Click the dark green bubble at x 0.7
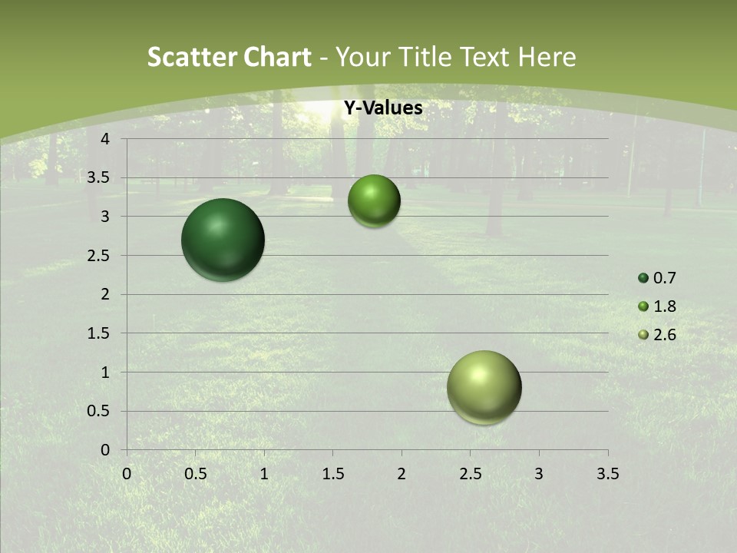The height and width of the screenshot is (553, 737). click(x=223, y=240)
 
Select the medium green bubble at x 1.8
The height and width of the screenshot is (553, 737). click(x=374, y=201)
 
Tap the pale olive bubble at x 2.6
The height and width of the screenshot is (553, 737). click(x=484, y=387)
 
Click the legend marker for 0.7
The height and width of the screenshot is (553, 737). click(x=643, y=278)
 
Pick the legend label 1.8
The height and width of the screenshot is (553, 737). click(x=664, y=306)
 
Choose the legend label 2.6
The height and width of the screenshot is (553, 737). click(x=664, y=335)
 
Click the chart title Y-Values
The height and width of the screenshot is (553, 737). click(x=382, y=108)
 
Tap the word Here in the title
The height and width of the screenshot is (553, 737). click(x=547, y=57)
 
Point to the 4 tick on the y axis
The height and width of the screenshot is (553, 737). click(x=105, y=139)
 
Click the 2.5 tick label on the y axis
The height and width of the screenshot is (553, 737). click(x=99, y=256)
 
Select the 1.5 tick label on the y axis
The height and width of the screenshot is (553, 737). click(x=99, y=333)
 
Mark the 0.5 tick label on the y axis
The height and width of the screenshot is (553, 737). click(x=99, y=411)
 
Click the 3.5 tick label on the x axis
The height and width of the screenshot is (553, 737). click(x=607, y=474)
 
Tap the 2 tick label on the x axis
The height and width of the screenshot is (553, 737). click(x=402, y=474)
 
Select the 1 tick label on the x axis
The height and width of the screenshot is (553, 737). click(x=264, y=474)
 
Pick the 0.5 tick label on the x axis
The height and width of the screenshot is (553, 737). click(x=195, y=474)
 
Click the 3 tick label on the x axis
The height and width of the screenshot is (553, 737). click(x=539, y=474)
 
